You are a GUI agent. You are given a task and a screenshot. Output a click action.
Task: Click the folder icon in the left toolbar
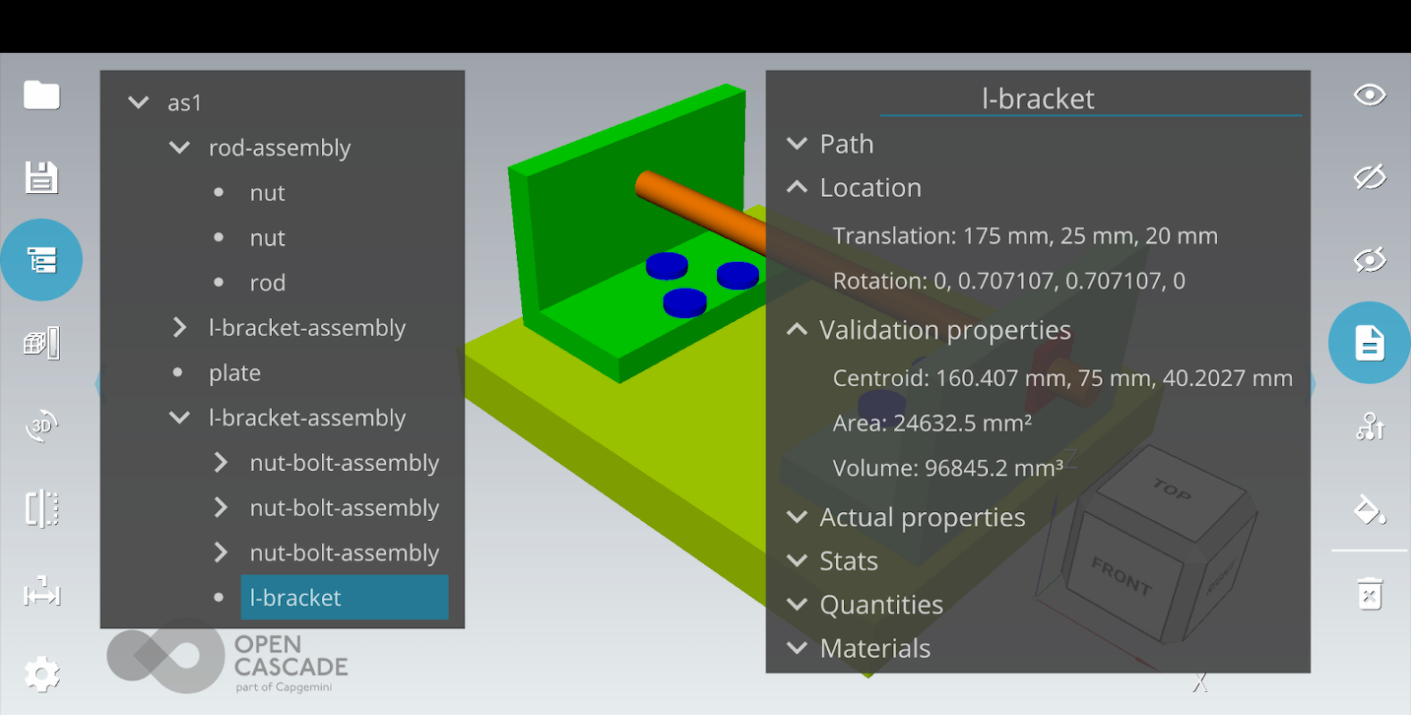[x=41, y=95]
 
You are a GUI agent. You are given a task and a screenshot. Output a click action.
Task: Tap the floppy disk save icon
[x=41, y=177]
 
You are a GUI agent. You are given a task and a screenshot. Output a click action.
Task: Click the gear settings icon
[x=41, y=674]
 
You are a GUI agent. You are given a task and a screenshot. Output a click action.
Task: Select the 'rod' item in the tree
[x=267, y=282]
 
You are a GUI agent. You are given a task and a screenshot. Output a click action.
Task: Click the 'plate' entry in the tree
[x=234, y=373]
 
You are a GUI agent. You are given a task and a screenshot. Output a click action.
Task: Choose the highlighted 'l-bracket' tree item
[x=344, y=597]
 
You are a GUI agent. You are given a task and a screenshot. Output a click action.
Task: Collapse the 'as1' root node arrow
[x=139, y=102]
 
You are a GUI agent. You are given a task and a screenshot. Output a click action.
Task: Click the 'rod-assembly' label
[x=280, y=147]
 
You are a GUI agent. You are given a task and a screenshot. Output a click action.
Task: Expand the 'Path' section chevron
[x=797, y=144]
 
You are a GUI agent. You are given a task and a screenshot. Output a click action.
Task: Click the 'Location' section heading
[x=871, y=188]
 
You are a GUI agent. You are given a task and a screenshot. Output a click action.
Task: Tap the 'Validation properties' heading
[x=945, y=330]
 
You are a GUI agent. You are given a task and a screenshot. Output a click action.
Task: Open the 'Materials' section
[x=875, y=648]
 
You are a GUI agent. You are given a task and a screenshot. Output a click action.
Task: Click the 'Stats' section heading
[x=849, y=560]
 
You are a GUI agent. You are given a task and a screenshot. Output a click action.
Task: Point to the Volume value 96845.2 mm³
[x=994, y=467]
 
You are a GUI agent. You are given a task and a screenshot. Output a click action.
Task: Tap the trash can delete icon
[x=1370, y=593]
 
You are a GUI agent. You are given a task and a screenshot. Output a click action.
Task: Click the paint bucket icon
[x=1370, y=509]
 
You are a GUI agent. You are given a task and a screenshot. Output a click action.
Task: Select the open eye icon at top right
[x=1370, y=95]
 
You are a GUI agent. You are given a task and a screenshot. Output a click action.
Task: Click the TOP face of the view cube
[x=1171, y=492]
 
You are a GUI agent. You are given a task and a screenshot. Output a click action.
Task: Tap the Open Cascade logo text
[x=291, y=656]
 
